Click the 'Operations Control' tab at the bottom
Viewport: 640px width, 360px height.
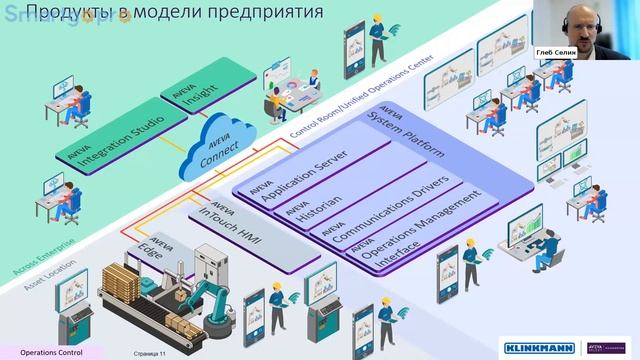pos(51,352)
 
